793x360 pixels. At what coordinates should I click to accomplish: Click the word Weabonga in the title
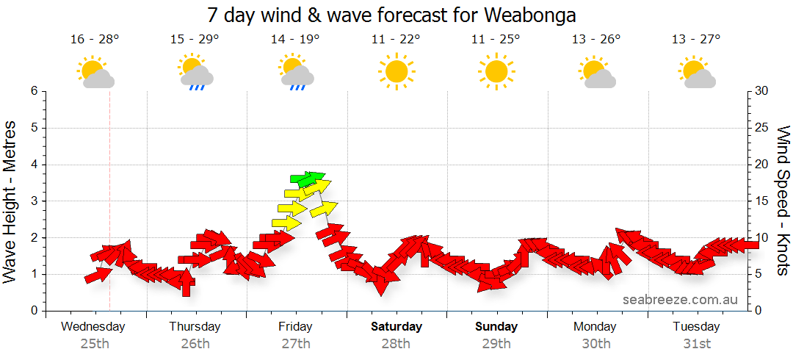coord(535,15)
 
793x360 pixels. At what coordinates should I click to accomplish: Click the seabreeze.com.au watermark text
coord(680,299)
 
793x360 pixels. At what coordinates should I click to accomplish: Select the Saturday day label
coord(396,326)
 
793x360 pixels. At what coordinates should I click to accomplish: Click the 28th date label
coord(396,343)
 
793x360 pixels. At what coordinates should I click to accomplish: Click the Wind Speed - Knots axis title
coord(782,200)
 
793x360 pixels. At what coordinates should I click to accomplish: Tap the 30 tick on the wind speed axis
coord(762,91)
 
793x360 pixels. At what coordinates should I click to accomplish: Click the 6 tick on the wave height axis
coord(34,91)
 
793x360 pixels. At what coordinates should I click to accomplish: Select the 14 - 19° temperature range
coord(295,40)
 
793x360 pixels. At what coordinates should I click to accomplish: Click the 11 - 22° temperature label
coord(396,40)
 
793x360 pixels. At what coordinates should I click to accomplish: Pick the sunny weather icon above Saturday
coord(396,71)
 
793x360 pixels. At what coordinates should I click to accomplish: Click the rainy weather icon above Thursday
coord(196,72)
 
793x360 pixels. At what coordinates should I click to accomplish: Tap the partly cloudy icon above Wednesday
coord(95,72)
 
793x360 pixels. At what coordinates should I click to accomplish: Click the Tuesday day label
coord(696,326)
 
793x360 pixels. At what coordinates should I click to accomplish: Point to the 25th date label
coord(94,343)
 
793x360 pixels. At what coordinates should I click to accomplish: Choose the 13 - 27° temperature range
coord(696,40)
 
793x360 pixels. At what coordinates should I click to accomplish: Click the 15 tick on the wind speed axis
coord(762,201)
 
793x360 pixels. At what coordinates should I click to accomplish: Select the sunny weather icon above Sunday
coord(496,71)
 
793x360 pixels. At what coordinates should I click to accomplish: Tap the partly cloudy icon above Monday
coord(596,72)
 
